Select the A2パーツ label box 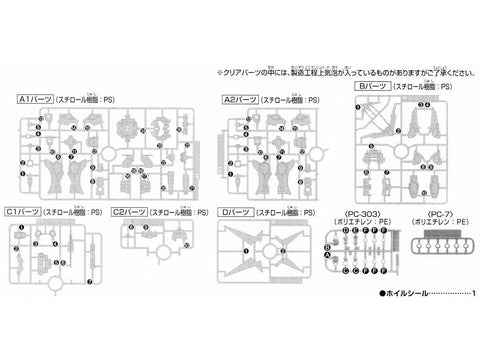pos(246,101)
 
